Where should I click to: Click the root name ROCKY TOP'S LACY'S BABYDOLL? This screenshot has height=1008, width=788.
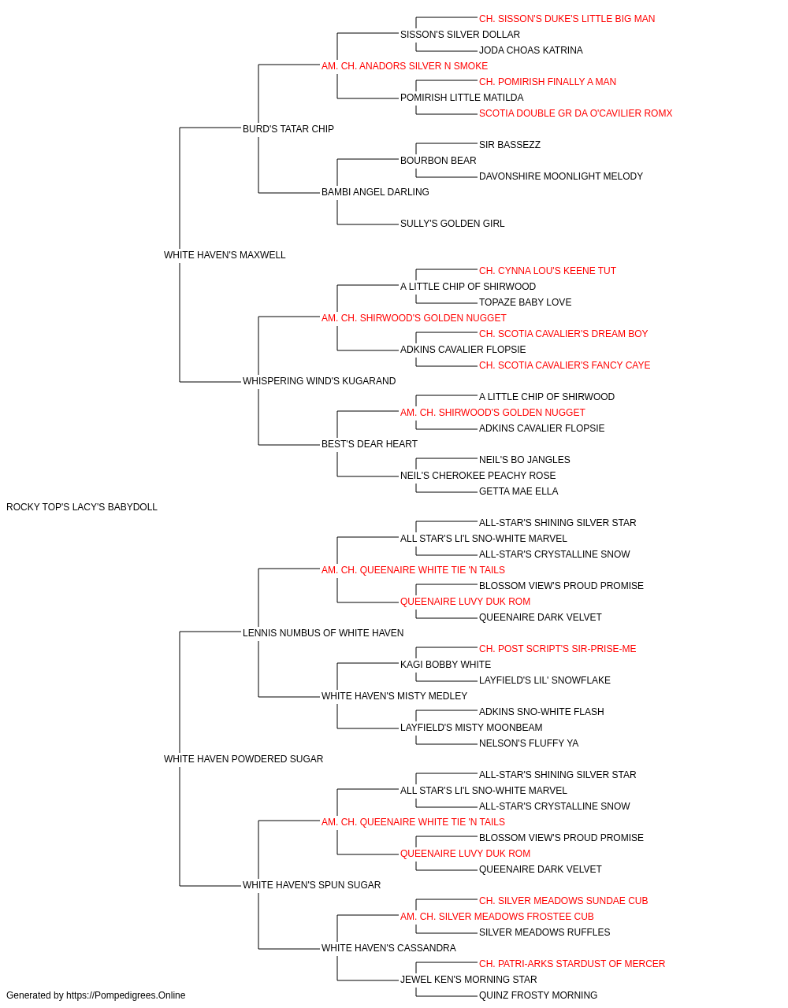click(82, 507)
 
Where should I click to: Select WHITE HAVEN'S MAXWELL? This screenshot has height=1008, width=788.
click(225, 255)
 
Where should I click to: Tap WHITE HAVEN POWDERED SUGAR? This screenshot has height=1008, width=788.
click(243, 759)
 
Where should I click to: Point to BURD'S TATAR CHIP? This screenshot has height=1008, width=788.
click(288, 129)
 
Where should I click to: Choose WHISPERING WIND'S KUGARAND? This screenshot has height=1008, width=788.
click(319, 381)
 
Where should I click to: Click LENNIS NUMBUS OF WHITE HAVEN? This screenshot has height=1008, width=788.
click(323, 633)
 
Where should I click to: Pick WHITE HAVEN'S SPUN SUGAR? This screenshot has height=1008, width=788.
click(311, 885)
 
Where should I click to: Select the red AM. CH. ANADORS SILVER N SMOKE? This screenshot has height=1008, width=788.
click(405, 66)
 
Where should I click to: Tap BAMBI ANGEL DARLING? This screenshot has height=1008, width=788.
click(375, 192)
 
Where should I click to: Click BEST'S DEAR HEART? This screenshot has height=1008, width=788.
click(370, 444)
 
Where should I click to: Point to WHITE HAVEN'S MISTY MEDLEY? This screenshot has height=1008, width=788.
click(395, 696)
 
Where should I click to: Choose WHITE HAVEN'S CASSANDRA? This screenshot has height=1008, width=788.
click(389, 948)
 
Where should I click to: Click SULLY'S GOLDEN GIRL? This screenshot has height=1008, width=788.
click(452, 224)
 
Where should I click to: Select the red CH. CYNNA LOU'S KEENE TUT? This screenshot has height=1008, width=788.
click(548, 271)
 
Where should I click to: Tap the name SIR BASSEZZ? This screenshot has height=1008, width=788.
click(510, 145)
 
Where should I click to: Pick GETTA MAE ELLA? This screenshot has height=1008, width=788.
click(519, 491)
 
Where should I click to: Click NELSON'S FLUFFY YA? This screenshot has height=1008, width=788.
click(529, 743)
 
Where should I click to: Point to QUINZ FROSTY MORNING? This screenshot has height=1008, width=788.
click(538, 995)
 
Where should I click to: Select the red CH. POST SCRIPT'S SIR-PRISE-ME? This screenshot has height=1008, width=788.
click(557, 649)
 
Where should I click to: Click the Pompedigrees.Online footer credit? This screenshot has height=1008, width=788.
click(95, 995)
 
